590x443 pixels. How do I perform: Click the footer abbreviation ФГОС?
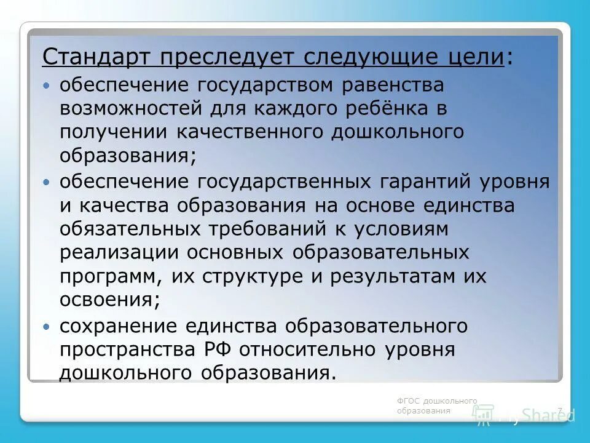(407, 401)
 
